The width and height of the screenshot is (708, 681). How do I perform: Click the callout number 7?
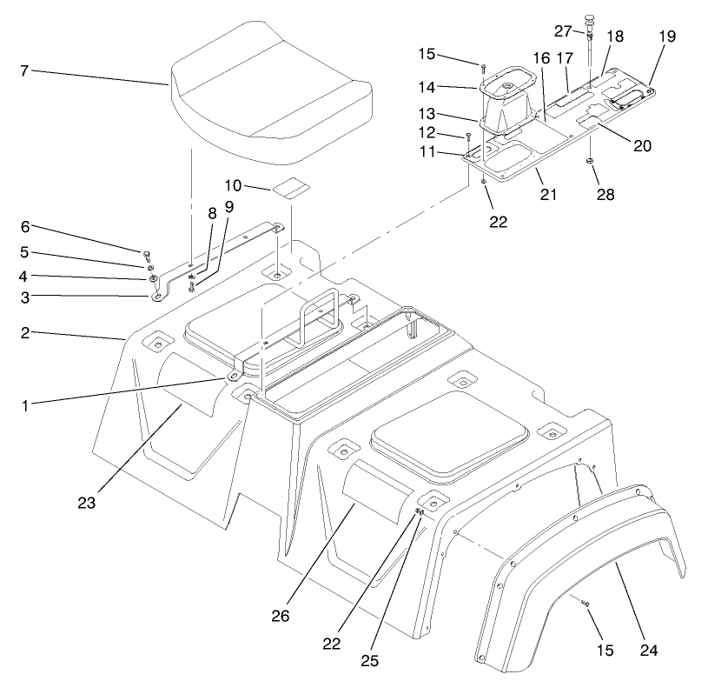pos(25,70)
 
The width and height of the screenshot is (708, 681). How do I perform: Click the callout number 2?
pos(25,333)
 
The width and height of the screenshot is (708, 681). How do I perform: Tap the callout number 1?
pos(25,405)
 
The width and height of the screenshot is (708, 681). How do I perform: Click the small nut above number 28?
pos(591,163)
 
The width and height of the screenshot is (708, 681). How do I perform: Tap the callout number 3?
pos(25,297)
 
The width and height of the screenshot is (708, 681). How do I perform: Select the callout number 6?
pos(25,226)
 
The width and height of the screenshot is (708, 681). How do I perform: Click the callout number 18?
pos(614,37)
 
